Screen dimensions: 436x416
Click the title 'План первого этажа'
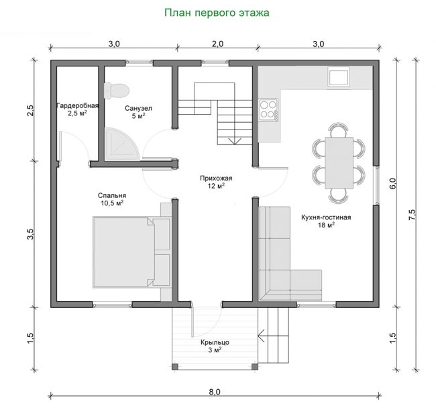click(x=217, y=13)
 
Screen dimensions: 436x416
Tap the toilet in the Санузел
click(x=117, y=90)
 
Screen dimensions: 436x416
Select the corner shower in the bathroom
click(x=122, y=144)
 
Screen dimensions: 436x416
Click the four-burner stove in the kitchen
click(x=268, y=109)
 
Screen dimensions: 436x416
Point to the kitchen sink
click(x=338, y=76)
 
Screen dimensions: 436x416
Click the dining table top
click(x=339, y=162)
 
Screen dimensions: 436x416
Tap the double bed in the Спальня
click(x=131, y=252)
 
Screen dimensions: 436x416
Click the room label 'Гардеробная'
click(x=78, y=106)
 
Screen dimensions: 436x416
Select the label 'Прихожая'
click(x=216, y=178)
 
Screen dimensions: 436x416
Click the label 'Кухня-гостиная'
click(x=326, y=217)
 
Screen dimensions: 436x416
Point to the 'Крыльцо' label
click(x=215, y=342)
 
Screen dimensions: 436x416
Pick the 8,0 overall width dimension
click(x=215, y=392)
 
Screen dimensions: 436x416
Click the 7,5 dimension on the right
click(x=412, y=215)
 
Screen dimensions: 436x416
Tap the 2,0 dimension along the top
click(x=217, y=44)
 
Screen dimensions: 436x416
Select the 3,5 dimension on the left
click(x=30, y=234)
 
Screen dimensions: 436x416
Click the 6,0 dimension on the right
click(x=392, y=184)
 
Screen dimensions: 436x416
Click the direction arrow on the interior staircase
click(x=235, y=141)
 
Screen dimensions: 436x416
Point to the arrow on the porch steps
click(x=262, y=335)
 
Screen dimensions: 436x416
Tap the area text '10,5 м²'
click(x=112, y=203)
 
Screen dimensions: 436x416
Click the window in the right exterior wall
click(x=376, y=186)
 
